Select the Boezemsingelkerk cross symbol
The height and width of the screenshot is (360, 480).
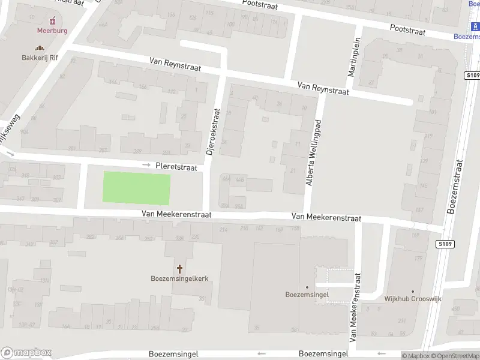179,268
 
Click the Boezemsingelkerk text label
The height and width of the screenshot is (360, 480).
179,278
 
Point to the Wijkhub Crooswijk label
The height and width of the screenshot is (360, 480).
412,298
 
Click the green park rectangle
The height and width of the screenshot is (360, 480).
136,188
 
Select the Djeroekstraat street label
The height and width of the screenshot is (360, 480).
212,133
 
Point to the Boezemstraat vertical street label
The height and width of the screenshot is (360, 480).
455,187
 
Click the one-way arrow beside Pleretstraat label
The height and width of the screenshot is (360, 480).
146,165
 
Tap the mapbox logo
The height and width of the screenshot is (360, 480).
26,353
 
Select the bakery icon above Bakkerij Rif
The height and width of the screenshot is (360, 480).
40,48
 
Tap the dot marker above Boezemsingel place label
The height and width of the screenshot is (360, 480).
307,287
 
